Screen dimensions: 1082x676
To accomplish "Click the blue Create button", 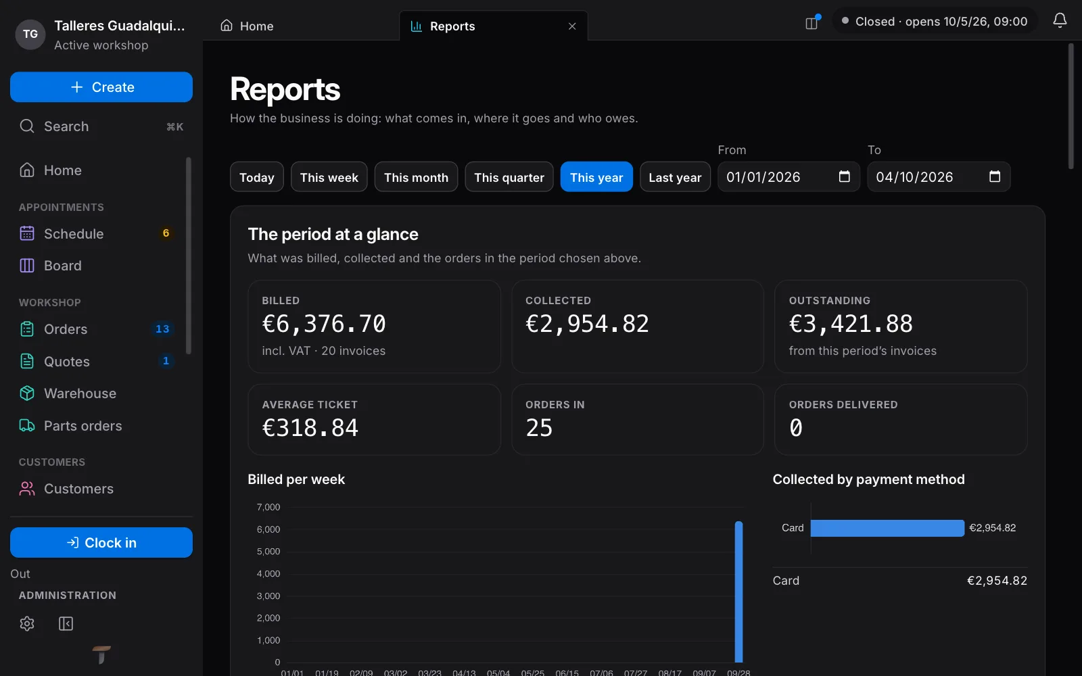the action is pyautogui.click(x=101, y=87).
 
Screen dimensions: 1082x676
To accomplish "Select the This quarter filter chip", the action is pyautogui.click(x=509, y=177).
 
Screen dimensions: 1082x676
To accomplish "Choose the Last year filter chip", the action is pyautogui.click(x=675, y=177).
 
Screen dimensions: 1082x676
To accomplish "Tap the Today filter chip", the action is pyautogui.click(x=256, y=177).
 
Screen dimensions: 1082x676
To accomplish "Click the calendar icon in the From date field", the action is pyautogui.click(x=845, y=176).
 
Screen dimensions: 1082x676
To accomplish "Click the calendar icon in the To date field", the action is pyautogui.click(x=995, y=176).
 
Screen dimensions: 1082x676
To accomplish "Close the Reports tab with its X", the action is pyautogui.click(x=572, y=26).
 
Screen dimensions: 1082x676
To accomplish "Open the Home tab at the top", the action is pyautogui.click(x=248, y=26).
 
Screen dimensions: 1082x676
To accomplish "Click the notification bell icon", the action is pyautogui.click(x=1060, y=21).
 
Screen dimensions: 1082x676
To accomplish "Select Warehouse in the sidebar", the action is pyautogui.click(x=80, y=393).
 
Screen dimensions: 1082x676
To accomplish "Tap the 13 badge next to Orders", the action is pyautogui.click(x=162, y=329).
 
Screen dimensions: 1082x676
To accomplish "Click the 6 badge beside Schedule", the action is pyautogui.click(x=166, y=234).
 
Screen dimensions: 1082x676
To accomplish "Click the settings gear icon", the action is pyautogui.click(x=27, y=623).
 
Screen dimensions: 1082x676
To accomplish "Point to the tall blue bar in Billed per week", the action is pyautogui.click(x=738, y=591).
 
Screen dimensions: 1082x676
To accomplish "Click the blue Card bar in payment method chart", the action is pyautogui.click(x=887, y=528).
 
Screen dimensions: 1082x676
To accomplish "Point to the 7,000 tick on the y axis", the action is pyautogui.click(x=268, y=507).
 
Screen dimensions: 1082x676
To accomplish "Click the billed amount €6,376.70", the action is pyautogui.click(x=324, y=324).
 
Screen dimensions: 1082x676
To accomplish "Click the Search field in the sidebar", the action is pyautogui.click(x=101, y=126).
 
